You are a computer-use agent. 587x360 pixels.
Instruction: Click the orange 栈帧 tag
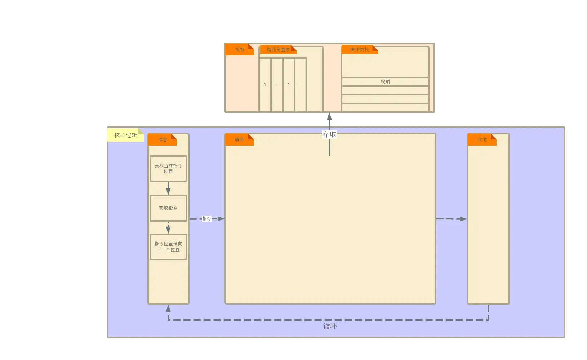tap(239, 50)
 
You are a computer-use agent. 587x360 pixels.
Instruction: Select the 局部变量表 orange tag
tap(278, 50)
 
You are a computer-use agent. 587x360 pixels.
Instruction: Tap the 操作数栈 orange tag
tap(359, 50)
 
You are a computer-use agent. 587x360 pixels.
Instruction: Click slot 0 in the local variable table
tap(265, 85)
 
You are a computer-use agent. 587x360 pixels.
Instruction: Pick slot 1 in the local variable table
tap(277, 85)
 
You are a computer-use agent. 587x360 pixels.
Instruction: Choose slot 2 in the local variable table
tap(288, 85)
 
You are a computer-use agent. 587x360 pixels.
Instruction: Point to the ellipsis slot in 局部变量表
tap(300, 85)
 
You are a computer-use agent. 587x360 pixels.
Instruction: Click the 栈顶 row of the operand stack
tap(385, 82)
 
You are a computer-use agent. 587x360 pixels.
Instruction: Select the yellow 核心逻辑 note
tap(126, 135)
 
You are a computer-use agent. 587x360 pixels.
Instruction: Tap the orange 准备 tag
tap(163, 140)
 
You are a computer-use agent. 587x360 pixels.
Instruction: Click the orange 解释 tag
tap(239, 140)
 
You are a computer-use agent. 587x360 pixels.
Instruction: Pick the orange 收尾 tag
tap(482, 140)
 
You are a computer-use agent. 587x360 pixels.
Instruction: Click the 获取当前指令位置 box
tap(168, 169)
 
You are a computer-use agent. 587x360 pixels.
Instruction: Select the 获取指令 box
tap(168, 208)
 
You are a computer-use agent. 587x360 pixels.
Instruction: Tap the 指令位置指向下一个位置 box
tap(168, 247)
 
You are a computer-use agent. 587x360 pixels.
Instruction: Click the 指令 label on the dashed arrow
tap(207, 219)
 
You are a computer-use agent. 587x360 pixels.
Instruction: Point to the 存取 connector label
tap(329, 134)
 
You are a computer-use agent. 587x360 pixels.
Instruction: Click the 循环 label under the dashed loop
tap(330, 326)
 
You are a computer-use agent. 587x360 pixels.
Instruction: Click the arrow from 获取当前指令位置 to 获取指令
tap(168, 188)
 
